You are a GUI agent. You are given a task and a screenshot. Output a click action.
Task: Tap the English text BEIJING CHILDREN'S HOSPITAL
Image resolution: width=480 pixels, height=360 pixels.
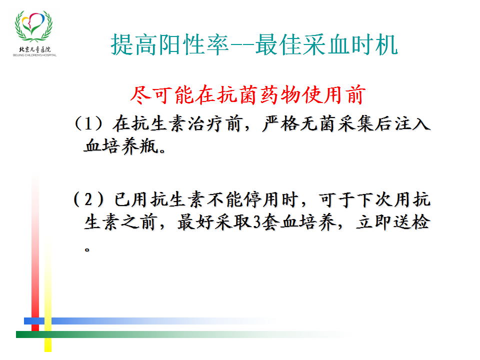(x=34, y=55)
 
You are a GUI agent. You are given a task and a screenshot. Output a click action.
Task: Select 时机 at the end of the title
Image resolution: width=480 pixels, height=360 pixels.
(x=374, y=44)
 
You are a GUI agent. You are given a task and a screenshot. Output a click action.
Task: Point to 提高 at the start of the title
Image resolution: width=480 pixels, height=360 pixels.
(x=134, y=44)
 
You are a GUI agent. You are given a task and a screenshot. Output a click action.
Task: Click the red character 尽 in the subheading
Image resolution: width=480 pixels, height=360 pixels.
(x=140, y=94)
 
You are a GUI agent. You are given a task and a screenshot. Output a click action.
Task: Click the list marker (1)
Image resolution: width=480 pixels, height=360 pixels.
(x=89, y=123)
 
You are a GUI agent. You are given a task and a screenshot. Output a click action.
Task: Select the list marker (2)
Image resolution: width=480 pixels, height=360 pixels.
(x=88, y=199)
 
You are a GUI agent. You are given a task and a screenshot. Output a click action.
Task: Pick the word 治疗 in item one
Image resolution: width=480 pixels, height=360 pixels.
(x=206, y=124)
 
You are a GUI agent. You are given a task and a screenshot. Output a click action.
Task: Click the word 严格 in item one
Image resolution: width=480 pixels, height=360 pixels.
(x=280, y=124)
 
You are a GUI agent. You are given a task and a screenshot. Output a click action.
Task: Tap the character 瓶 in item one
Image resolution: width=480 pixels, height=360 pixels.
(x=149, y=145)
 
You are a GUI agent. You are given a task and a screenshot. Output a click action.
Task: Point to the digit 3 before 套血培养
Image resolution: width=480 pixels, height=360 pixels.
(x=257, y=222)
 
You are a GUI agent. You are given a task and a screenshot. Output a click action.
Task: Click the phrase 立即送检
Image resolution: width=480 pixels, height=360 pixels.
(x=393, y=222)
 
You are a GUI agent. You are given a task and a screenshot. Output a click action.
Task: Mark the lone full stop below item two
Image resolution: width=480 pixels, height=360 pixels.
(x=87, y=250)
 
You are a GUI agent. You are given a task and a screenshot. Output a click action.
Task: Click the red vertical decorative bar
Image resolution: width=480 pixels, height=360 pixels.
(x=35, y=254)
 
